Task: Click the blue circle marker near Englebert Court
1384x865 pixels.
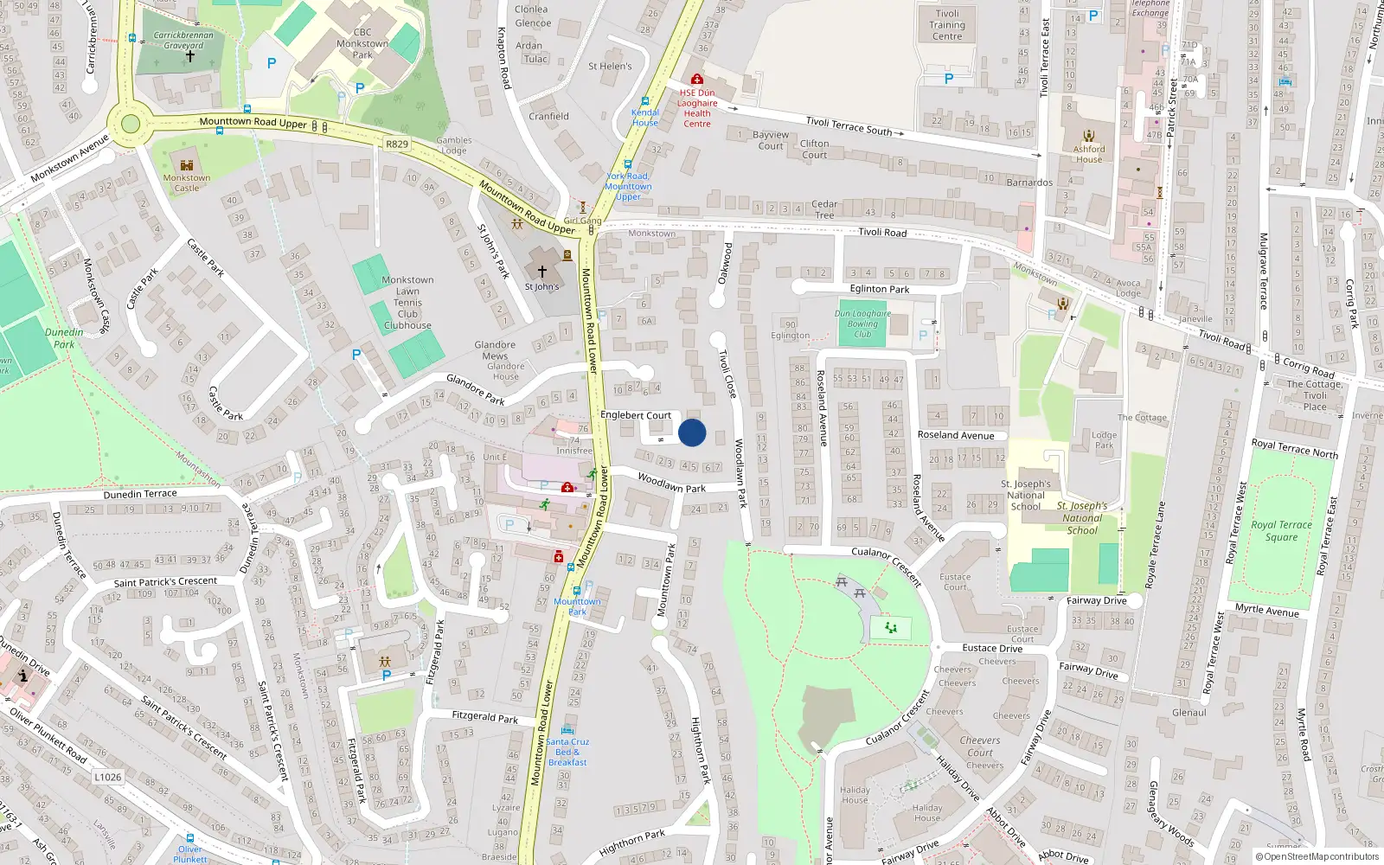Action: [692, 432]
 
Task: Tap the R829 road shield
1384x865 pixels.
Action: [397, 144]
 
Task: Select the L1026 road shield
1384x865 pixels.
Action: [108, 777]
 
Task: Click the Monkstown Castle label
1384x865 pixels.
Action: [187, 183]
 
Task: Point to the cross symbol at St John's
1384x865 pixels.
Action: [542, 271]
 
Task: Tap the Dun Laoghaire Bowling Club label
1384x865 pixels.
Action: [862, 324]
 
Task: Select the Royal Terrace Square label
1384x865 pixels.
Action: [1281, 530]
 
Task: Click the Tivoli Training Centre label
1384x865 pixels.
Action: [947, 25]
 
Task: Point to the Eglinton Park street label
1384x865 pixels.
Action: [879, 289]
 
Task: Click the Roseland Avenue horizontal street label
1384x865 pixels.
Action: [956, 435]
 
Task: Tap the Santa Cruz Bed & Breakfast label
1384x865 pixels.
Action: [567, 752]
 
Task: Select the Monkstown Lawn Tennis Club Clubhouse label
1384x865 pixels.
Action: [407, 303]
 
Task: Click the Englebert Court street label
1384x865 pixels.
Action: [636, 415]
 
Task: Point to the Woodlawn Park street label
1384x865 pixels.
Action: [671, 484]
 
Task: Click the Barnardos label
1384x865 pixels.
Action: [1029, 183]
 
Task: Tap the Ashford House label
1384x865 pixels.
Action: [1089, 154]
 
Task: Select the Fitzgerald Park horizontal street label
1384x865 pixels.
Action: [485, 716]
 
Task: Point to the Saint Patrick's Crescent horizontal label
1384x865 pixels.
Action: [165, 582]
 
